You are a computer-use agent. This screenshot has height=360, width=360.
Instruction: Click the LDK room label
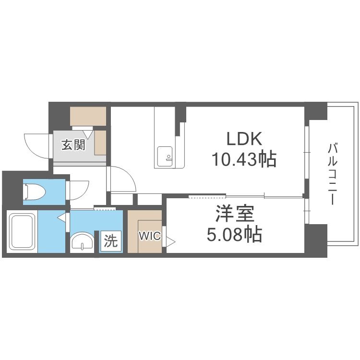pos(244,140)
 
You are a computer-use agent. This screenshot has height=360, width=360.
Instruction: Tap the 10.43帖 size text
pos(244,159)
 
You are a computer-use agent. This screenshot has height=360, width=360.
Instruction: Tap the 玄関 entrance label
pos(73,144)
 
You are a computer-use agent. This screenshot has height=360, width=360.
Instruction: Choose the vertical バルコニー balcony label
pos(332,173)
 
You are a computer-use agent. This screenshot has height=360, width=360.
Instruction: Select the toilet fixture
pos(35,192)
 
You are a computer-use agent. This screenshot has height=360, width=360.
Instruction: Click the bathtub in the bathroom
pos(22,231)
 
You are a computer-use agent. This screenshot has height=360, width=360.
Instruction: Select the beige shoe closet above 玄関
pos(88,116)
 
